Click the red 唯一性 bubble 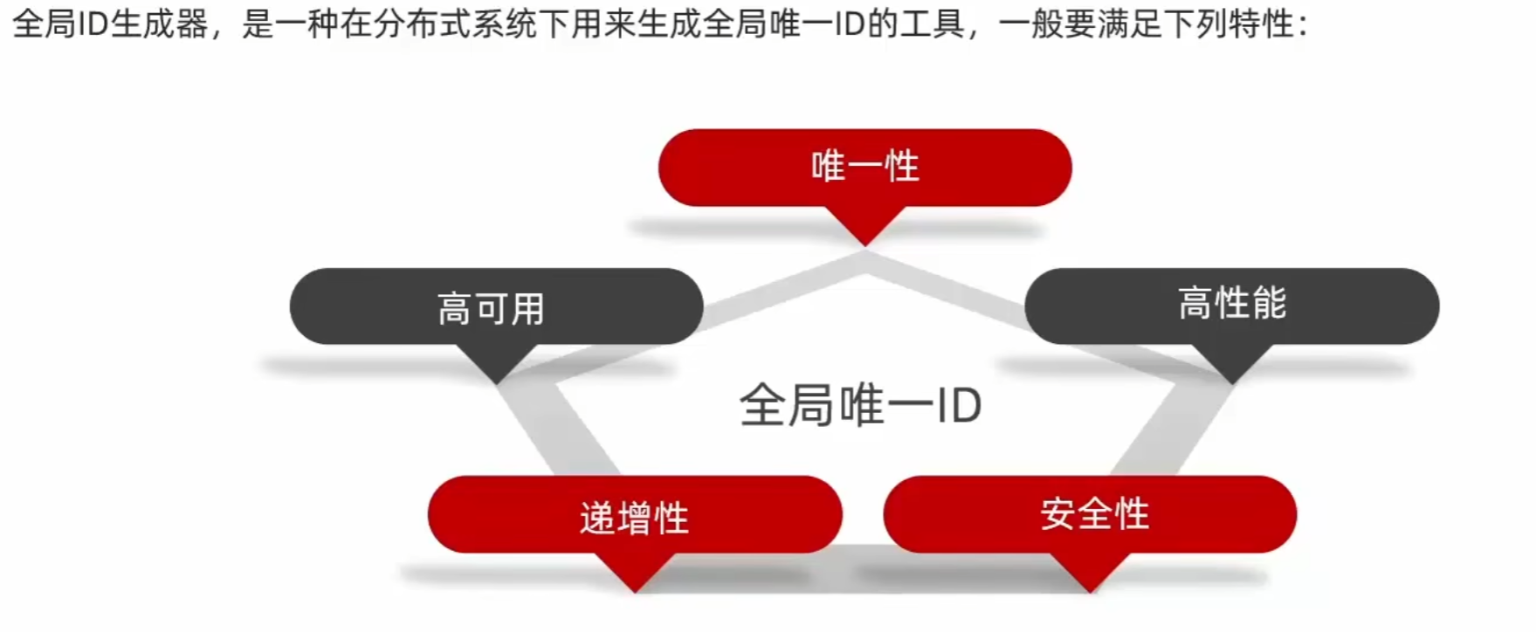click(864, 167)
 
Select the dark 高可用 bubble click(496, 306)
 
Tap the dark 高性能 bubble click(1231, 305)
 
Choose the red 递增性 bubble click(635, 515)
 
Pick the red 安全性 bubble click(1090, 513)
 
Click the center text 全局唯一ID click(860, 406)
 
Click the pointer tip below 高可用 click(496, 379)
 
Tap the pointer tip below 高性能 click(1232, 379)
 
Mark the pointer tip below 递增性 click(636, 588)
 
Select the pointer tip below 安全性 click(1090, 588)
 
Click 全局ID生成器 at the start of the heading click(110, 24)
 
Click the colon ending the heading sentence click(1303, 26)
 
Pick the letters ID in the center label click(958, 406)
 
